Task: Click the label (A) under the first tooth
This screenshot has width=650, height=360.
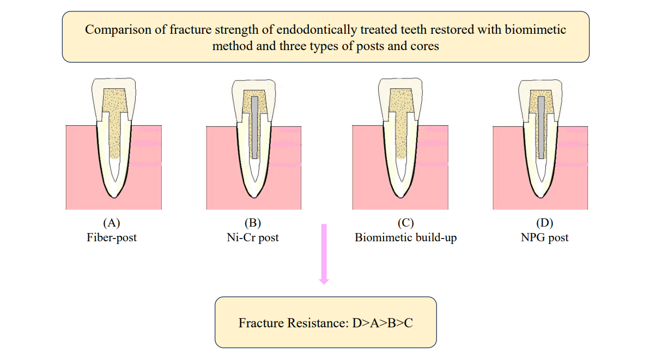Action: coord(112,223)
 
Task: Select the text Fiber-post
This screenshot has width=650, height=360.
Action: coord(112,237)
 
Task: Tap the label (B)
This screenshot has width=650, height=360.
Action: coord(253,223)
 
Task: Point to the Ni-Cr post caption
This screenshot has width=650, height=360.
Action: coord(253,237)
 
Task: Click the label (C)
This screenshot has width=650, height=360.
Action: coord(405,223)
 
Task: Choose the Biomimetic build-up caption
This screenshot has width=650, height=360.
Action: coord(405,237)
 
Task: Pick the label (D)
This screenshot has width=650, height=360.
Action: coord(544,223)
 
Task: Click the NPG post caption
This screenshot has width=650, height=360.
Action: coord(544,237)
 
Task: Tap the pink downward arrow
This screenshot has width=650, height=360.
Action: coord(324,254)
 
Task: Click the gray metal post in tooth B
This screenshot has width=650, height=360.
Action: coord(254,127)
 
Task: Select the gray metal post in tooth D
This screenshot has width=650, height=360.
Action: coord(541,127)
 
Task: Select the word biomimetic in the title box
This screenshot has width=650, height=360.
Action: coord(535,29)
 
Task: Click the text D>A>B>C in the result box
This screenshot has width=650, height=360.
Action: coord(382,323)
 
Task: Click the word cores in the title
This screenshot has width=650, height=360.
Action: coord(424,46)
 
